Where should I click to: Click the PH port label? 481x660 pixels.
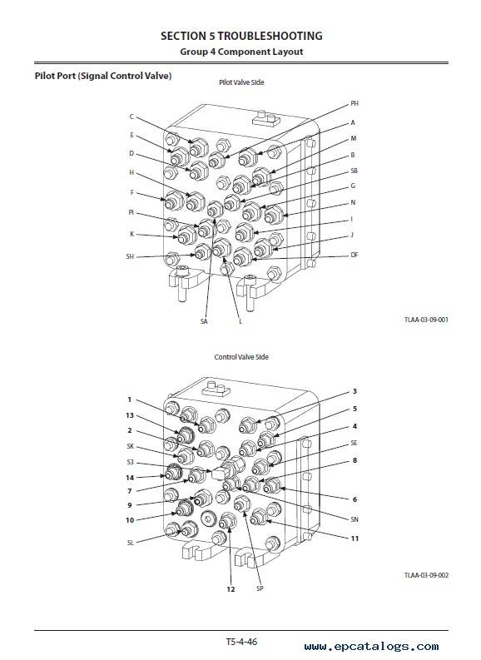[355, 103]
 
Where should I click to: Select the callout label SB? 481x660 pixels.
[354, 171]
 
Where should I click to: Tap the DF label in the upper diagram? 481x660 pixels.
[355, 255]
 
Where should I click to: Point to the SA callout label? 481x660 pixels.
[204, 321]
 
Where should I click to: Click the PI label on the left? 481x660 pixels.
[131, 212]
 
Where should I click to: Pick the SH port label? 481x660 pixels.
[130, 256]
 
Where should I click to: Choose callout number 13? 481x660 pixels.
[130, 415]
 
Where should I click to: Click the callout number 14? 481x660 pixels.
[130, 478]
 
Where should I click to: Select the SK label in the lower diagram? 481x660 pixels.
[130, 446]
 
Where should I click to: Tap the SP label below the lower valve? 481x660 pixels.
[260, 588]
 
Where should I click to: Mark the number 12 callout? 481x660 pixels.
[231, 589]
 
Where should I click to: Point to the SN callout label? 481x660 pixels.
[355, 519]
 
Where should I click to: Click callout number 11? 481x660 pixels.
[355, 538]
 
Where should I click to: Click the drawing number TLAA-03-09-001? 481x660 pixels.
[426, 320]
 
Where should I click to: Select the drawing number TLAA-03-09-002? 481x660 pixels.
[426, 575]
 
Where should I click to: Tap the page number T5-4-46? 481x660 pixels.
[241, 642]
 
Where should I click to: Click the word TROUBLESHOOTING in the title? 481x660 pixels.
[270, 36]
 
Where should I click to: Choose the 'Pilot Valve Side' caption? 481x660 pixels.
[241, 82]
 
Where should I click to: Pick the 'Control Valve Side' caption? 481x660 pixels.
[241, 357]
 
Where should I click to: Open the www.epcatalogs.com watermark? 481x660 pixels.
[372, 646]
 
